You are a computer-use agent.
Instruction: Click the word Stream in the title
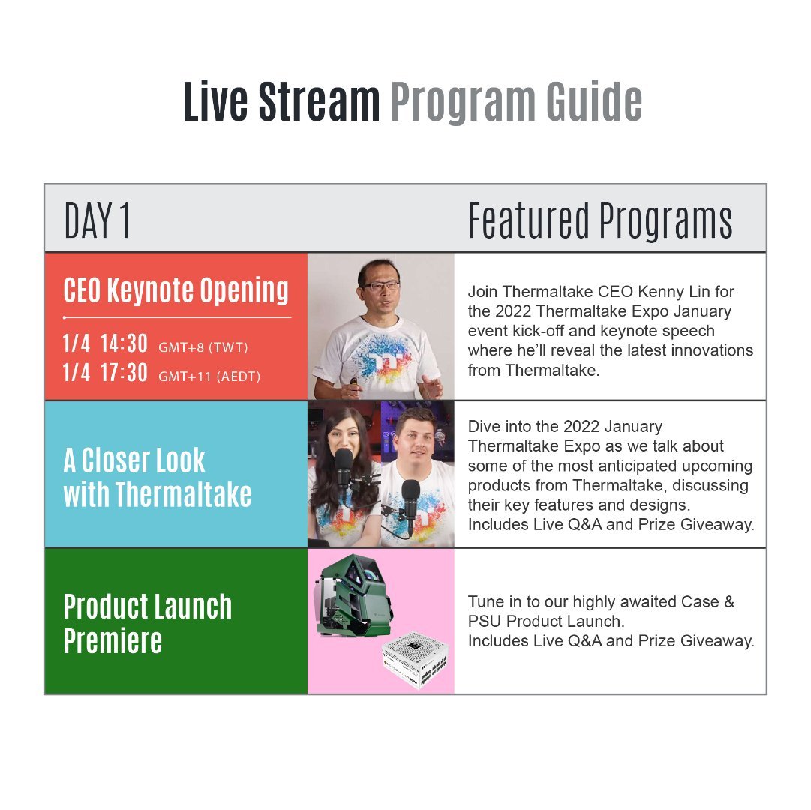tap(319, 102)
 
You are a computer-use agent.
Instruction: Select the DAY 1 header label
tap(97, 220)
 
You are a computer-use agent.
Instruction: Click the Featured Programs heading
tap(600, 220)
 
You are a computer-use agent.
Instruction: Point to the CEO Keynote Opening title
tap(176, 290)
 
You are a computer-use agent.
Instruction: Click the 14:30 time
tap(124, 343)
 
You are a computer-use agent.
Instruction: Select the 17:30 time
tap(124, 373)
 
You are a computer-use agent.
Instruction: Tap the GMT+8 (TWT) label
tap(203, 346)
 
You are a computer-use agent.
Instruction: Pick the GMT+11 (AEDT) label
tap(209, 376)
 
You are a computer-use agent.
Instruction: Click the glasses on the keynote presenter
tap(381, 285)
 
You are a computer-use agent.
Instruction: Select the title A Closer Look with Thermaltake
tap(158, 478)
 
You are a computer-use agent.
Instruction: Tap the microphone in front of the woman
tap(344, 473)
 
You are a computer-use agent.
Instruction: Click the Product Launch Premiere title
tap(147, 624)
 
